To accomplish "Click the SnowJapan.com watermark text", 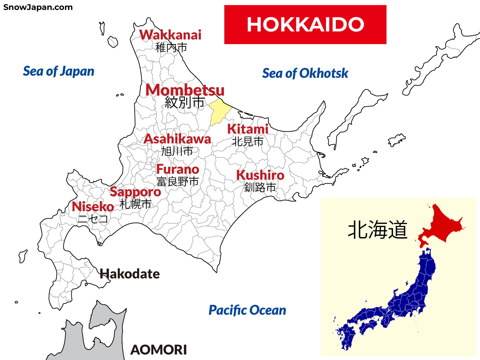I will coord(38,7).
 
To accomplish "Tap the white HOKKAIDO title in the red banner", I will coord(305,25).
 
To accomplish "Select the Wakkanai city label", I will coord(170,35).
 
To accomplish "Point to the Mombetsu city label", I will coord(185,90).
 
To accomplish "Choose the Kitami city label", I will coord(248,129).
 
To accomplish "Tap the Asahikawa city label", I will coord(177,139).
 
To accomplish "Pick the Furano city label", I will coord(177,169).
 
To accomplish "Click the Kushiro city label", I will coord(260,175).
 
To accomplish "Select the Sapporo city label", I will coord(135,192).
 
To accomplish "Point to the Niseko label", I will coord(93,207).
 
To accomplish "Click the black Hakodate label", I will coord(130,274).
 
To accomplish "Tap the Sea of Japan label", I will coord(59,71).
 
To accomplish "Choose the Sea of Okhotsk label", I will coord(305,73).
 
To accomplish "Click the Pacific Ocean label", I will coord(247,310).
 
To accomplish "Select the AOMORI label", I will coord(158,350).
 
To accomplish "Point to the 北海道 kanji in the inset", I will coord(377,230).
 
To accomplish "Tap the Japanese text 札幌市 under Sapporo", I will coord(135,204).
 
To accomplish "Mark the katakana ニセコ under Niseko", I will coord(93,219).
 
